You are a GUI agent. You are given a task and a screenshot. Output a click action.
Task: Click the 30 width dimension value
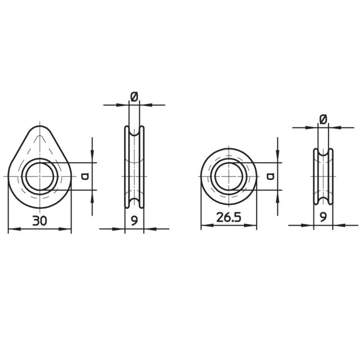tap(39, 221)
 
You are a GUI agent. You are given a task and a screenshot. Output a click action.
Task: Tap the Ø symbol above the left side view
tap(134, 97)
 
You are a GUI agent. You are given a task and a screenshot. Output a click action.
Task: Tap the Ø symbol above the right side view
tap(323, 119)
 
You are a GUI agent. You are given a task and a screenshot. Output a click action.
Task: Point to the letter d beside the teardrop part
tap(85, 177)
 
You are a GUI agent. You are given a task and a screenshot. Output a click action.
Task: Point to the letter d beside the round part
tap(271, 176)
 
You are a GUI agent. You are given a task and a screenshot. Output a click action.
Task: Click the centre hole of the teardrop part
tap(39, 176)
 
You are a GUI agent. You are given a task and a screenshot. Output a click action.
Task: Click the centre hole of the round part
tap(229, 176)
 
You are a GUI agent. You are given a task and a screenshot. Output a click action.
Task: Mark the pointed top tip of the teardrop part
tap(39, 128)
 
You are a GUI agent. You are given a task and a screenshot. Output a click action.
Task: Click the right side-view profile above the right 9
tap(323, 176)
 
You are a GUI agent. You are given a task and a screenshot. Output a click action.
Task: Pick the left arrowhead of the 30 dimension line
tap(11, 229)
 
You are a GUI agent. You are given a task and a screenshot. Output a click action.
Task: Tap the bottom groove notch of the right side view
tap(323, 201)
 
